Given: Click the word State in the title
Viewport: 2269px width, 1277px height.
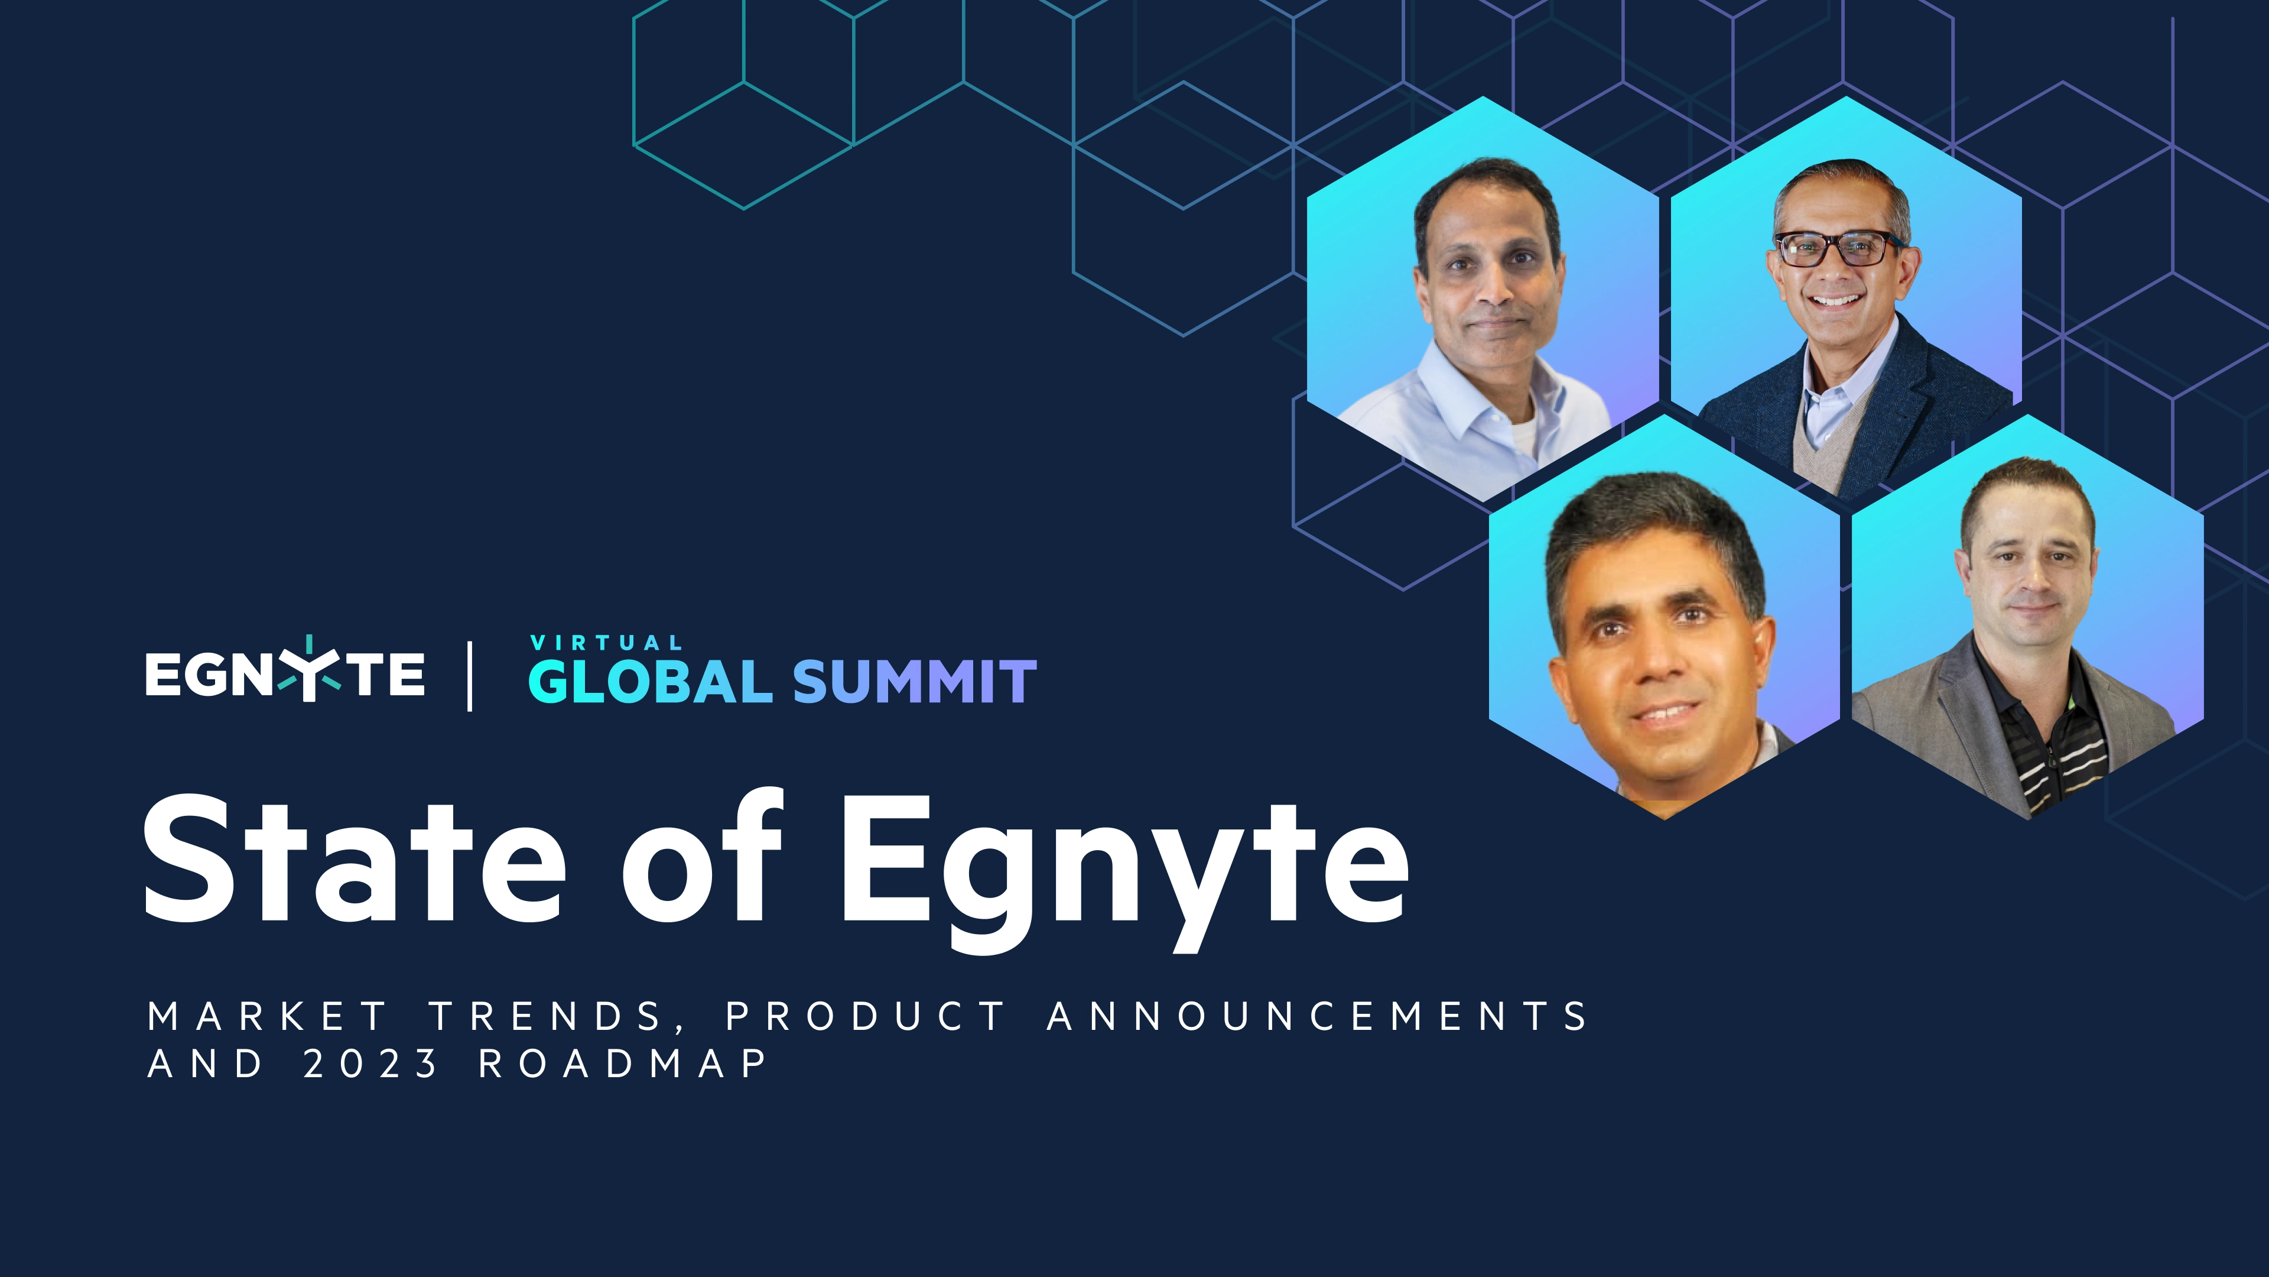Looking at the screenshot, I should (x=352, y=859).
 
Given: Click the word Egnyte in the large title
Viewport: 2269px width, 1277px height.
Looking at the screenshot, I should (x=1123, y=868).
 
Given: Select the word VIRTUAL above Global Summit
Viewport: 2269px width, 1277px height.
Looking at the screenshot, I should (x=606, y=643).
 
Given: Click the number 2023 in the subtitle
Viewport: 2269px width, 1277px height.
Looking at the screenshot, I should (x=370, y=1064).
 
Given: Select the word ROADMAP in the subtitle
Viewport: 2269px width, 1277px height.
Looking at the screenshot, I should (x=623, y=1064).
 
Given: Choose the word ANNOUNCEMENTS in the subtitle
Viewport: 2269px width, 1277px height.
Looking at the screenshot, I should (x=1317, y=1016).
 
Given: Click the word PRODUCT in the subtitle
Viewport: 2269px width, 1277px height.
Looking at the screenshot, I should (x=865, y=1016).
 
